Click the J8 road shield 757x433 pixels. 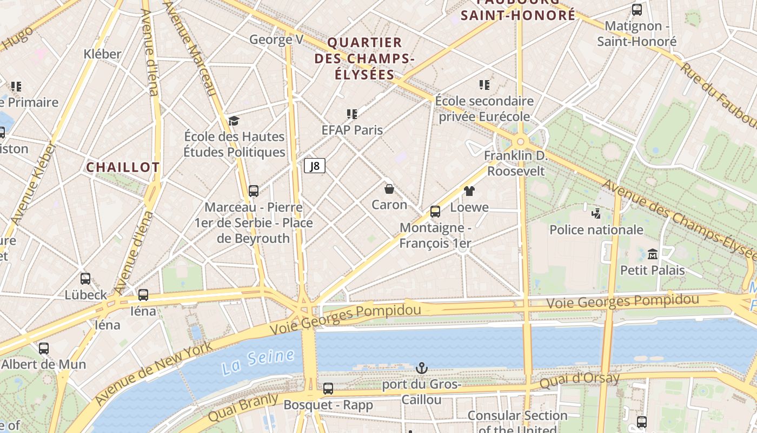[314, 166]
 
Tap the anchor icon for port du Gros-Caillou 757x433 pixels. [421, 369]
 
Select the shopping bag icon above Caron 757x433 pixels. [389, 189]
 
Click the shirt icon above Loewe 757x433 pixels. [469, 191]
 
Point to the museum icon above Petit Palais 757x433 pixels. [652, 254]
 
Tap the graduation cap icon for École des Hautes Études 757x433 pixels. [234, 121]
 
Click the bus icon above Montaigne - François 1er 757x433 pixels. [435, 212]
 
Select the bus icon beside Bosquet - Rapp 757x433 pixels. [328, 388]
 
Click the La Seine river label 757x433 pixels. [258, 362]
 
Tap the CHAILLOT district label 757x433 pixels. [123, 167]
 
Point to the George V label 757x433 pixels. [276, 40]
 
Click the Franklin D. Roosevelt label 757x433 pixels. [516, 163]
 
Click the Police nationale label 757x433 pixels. [596, 229]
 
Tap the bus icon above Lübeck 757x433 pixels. [85, 279]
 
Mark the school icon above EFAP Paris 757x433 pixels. [352, 114]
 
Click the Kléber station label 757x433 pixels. [103, 54]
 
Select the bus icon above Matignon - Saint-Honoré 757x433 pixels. [637, 9]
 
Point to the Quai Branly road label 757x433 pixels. [243, 408]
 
